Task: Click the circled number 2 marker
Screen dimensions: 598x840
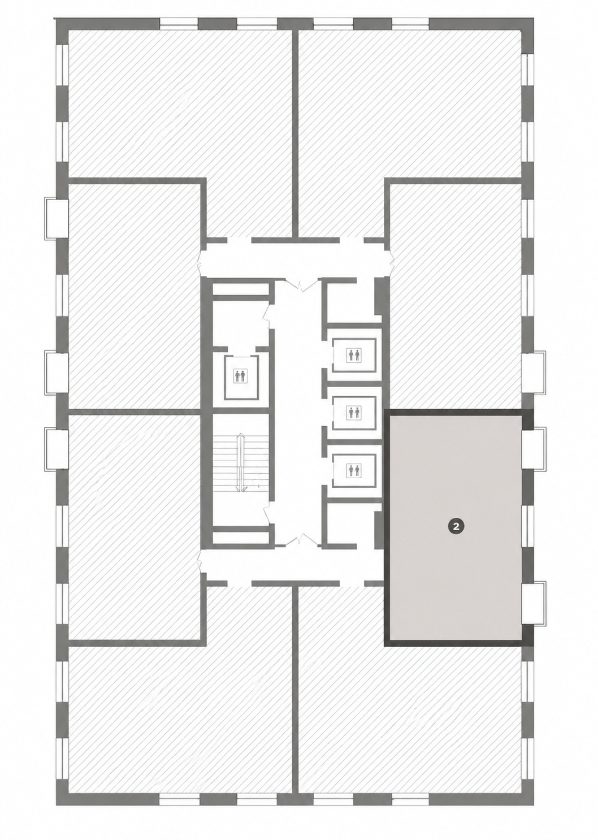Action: click(456, 526)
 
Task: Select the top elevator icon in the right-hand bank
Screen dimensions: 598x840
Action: click(354, 355)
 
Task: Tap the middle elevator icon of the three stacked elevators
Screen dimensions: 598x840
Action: click(354, 413)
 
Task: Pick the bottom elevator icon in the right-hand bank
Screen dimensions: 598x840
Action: click(354, 470)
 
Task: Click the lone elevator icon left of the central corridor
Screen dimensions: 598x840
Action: click(241, 376)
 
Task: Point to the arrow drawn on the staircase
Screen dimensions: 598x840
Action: click(240, 462)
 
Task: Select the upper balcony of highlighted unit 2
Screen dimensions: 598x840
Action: click(534, 449)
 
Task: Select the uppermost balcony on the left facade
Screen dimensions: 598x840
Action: click(57, 218)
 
